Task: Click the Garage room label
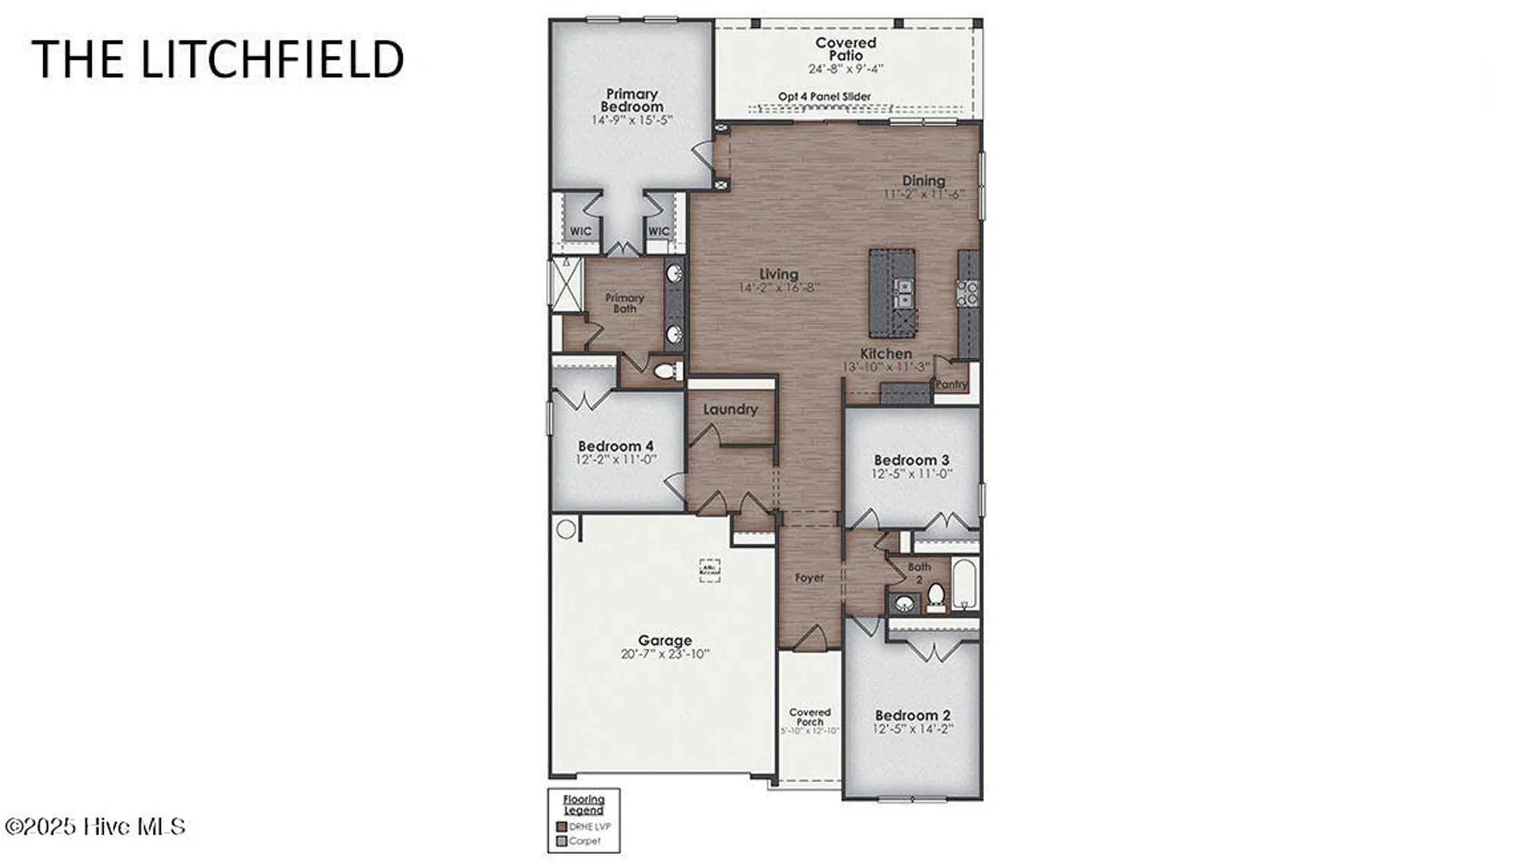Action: pos(665,641)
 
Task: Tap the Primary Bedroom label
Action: pos(632,100)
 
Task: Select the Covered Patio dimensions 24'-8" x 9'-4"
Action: pos(846,69)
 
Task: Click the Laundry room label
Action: pos(730,410)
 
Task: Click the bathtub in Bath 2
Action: pos(964,585)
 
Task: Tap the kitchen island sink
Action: pos(903,293)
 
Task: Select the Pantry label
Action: pos(951,384)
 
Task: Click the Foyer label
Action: pos(809,578)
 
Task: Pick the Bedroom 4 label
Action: pos(616,446)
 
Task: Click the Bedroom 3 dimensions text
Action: pos(911,474)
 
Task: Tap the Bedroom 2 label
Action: pos(913,715)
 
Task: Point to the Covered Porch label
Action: pos(810,717)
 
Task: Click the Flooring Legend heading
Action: pos(584,805)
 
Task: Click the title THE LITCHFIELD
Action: pos(218,60)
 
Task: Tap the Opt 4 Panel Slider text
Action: pos(824,97)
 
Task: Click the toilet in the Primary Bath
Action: pos(666,371)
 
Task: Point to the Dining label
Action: pos(924,180)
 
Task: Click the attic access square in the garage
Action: pos(710,569)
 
